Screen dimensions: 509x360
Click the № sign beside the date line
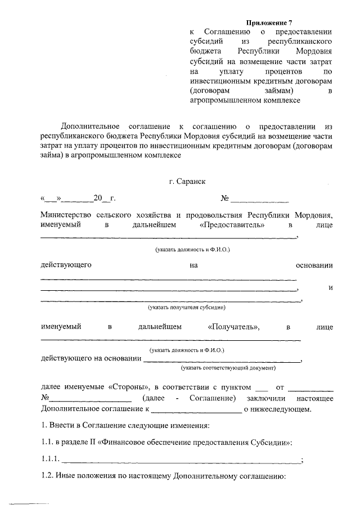pos(224,199)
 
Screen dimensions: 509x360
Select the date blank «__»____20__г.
pos(78,199)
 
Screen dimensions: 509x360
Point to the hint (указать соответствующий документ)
pos(228,368)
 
